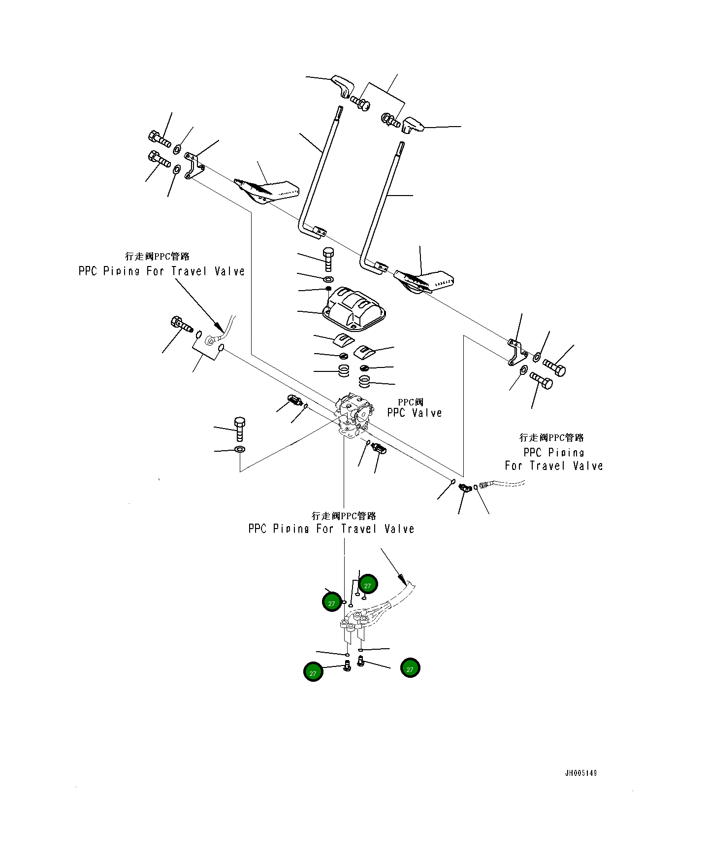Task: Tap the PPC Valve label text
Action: pyautogui.click(x=414, y=413)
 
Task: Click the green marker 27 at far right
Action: pyautogui.click(x=410, y=668)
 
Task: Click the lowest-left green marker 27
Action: pyautogui.click(x=313, y=672)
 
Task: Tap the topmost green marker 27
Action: pyautogui.click(x=367, y=585)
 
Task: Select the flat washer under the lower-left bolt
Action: pyautogui.click(x=240, y=449)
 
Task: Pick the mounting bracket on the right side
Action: pyautogui.click(x=515, y=352)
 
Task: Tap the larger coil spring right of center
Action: pyautogui.click(x=365, y=382)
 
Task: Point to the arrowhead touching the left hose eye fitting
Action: pyautogui.click(x=217, y=326)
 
